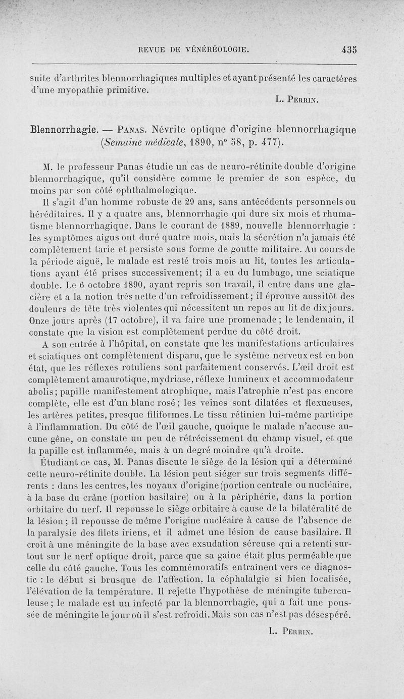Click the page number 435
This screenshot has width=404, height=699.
[x=349, y=49]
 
